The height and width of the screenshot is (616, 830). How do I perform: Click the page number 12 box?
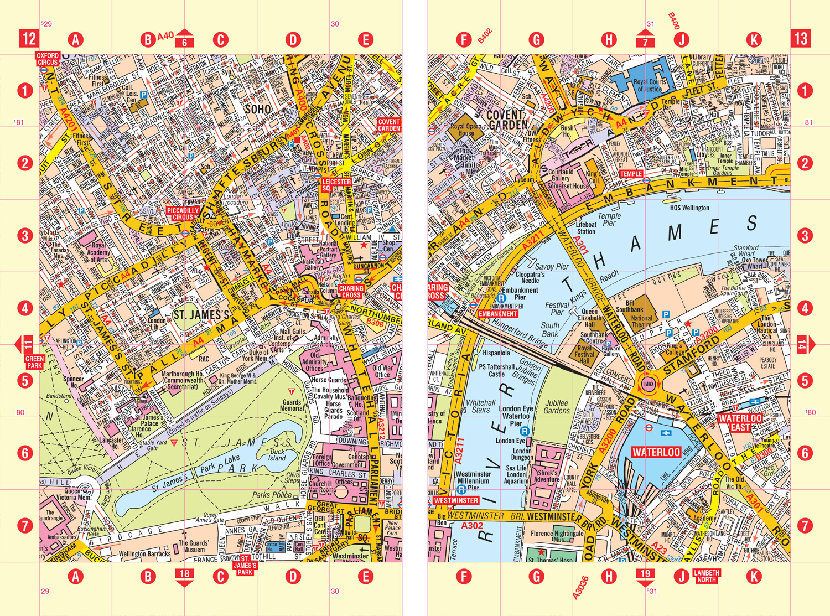(29, 39)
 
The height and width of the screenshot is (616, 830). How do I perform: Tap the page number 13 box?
(801, 39)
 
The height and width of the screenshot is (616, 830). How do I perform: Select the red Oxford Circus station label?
(48, 59)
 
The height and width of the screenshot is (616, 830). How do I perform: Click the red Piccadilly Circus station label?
(183, 214)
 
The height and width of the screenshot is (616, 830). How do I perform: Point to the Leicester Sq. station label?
(336, 184)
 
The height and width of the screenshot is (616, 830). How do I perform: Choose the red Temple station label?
(630, 174)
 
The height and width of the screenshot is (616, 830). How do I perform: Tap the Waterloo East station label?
(740, 423)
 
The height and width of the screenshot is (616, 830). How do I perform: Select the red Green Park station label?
(34, 363)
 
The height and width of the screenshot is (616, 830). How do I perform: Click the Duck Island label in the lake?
(277, 454)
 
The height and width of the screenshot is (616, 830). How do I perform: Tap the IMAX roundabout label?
(648, 384)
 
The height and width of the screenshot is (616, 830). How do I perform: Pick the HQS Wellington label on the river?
(689, 208)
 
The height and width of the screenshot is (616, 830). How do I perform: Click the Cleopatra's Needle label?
(530, 277)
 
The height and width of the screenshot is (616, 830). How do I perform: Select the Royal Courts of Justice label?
(650, 85)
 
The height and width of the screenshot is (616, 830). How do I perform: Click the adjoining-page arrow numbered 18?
(184, 576)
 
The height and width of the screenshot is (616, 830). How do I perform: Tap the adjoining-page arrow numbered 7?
(645, 39)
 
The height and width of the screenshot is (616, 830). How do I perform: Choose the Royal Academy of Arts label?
(98, 252)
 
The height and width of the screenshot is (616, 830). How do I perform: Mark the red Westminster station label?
(455, 500)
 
